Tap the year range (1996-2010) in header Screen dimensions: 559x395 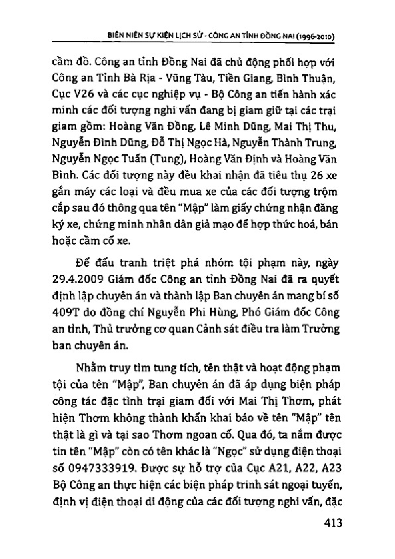pyautogui.click(x=309, y=36)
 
